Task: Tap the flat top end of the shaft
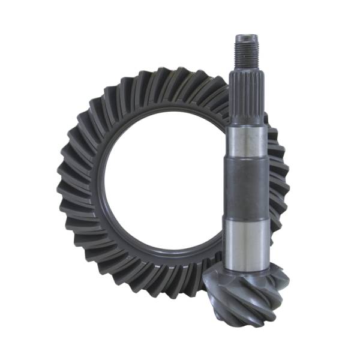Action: point(248,37)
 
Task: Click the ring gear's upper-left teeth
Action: point(99,111)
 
